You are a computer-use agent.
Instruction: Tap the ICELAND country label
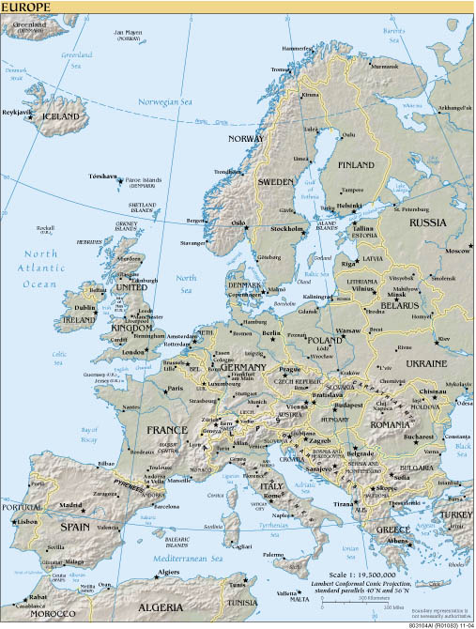(61, 116)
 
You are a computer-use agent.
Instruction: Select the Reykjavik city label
(19, 112)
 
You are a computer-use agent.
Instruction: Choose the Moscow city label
(458, 252)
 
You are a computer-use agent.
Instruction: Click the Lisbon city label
(26, 520)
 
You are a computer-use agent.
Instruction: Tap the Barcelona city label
(166, 504)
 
